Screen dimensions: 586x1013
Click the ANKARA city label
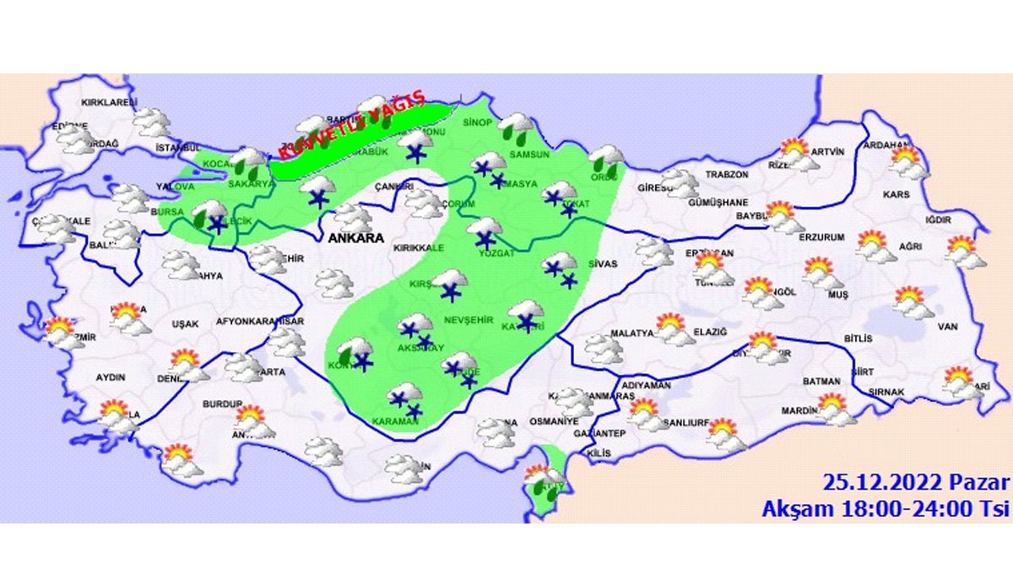355,239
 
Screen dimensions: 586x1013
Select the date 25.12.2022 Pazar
916,483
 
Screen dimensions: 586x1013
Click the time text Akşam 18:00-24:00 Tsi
886,508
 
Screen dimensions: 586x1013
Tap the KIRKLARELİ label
109,102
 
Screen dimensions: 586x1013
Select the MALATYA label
632,333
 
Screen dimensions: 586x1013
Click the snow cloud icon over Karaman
405,397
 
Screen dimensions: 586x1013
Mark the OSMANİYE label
554,421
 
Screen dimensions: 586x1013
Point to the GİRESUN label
655,187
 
